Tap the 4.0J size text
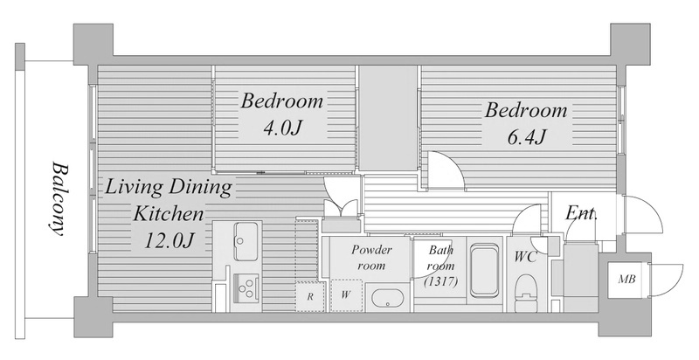(283, 128)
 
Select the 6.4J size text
(526, 137)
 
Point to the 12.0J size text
(170, 240)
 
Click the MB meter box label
(626, 280)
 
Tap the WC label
(525, 257)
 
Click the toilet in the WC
(527, 292)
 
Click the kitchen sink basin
(246, 241)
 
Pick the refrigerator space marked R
(310, 296)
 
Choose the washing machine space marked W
(346, 295)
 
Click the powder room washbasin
(388, 301)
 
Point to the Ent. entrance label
(581, 214)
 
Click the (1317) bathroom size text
(441, 282)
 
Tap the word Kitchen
(169, 214)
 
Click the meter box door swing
(666, 280)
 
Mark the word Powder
(371, 250)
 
